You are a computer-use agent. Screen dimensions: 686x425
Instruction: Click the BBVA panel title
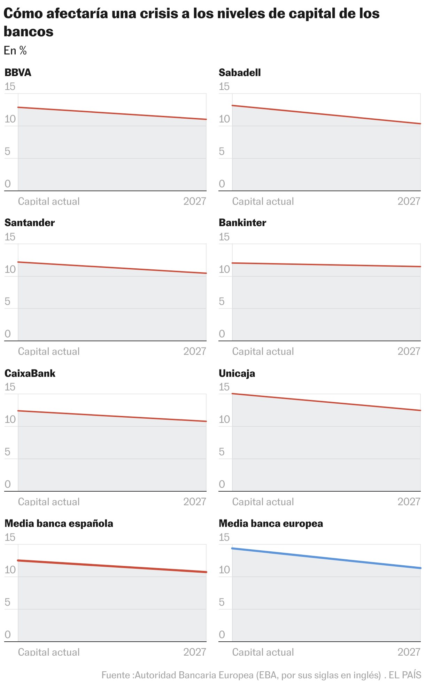point(18,73)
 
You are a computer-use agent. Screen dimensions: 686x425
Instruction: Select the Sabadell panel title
point(240,73)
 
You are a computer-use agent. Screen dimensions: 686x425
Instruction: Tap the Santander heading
point(30,223)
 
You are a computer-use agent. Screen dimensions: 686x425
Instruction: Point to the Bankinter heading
point(242,223)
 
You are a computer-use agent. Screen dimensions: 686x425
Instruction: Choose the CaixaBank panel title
point(30,373)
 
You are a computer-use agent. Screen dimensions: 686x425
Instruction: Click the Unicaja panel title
point(237,373)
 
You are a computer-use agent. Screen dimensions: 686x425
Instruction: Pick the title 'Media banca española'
point(59,523)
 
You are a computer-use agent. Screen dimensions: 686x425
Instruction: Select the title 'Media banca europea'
point(271,523)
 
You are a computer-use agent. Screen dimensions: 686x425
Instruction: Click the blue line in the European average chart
point(326,558)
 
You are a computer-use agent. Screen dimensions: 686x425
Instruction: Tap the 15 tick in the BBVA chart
point(10,87)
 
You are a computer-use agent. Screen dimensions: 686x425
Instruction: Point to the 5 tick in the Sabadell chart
point(222,151)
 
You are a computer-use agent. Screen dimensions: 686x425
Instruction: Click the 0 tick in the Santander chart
point(8,334)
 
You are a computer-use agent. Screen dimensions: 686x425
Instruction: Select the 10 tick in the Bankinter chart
point(224,269)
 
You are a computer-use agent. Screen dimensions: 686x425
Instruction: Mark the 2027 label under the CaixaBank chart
point(195,502)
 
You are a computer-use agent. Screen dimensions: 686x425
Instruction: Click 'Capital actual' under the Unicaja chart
point(263,502)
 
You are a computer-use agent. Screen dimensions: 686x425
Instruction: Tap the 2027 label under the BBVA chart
point(195,201)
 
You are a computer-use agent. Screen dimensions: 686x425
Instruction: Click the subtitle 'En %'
point(15,51)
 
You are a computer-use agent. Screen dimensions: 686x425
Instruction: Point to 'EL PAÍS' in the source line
point(405,675)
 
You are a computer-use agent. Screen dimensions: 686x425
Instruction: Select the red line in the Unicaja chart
point(326,402)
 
